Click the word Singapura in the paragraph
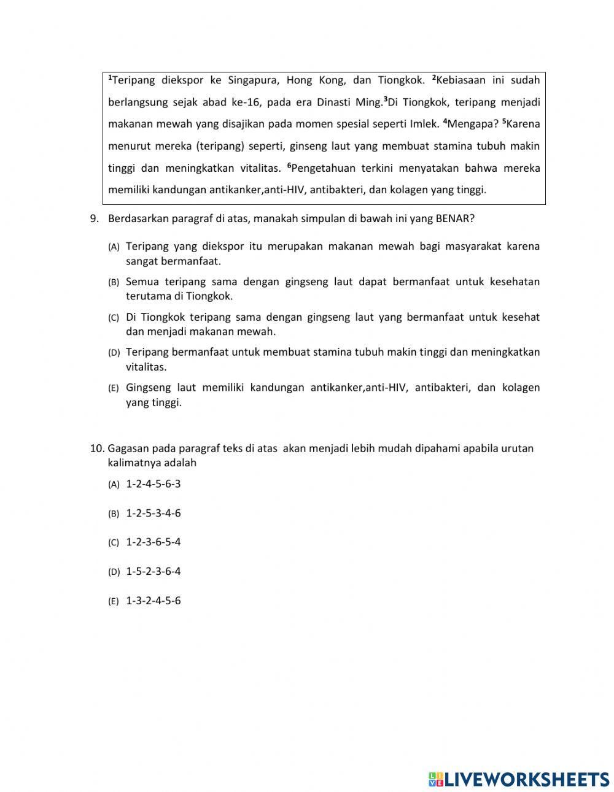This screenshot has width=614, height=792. [252, 80]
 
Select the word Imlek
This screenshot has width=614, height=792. [424, 124]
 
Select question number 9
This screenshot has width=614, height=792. [95, 218]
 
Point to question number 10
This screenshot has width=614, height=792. [98, 448]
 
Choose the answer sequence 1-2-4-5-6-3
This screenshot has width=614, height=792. [153, 484]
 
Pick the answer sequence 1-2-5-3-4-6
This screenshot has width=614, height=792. [153, 513]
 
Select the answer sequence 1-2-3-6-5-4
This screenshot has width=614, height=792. [153, 542]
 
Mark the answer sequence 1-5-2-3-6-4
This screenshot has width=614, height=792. [153, 572]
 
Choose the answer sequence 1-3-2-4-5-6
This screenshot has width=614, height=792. [153, 601]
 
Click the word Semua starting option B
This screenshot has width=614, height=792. [141, 282]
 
